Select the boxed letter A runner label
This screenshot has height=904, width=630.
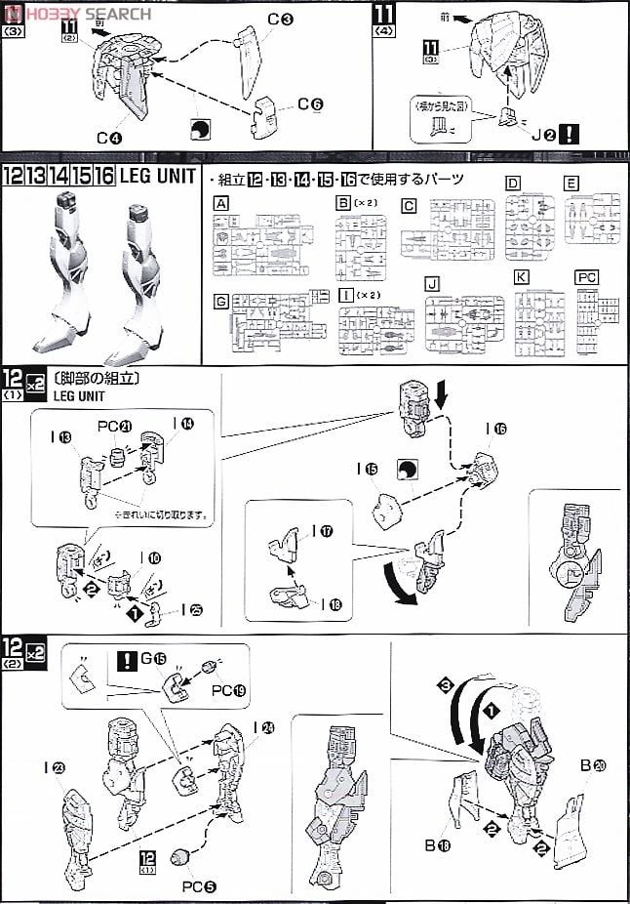click(x=221, y=203)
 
